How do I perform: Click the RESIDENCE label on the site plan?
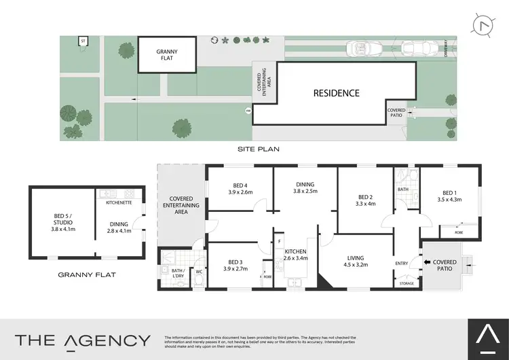click(336, 93)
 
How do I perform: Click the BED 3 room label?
click(235, 262)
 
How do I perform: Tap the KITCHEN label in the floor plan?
click(296, 252)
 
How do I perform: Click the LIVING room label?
click(355, 258)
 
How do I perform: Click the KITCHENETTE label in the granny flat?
click(119, 202)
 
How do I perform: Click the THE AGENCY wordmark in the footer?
click(83, 340)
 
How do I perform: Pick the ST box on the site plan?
click(83, 41)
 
